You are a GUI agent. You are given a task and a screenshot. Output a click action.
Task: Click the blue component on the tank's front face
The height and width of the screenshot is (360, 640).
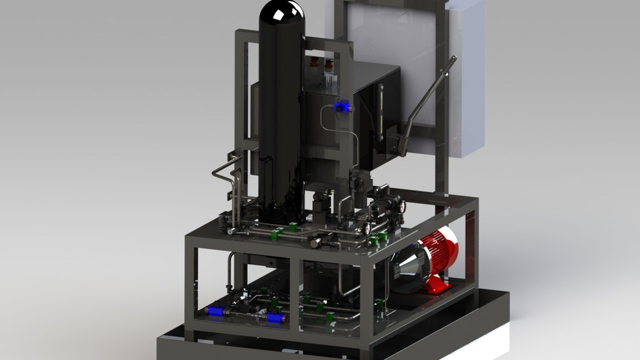(x=342, y=107)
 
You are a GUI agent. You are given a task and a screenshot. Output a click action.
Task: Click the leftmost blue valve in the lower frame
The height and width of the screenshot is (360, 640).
(x=215, y=311)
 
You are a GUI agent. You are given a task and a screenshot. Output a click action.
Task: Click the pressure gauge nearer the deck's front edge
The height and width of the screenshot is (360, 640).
(x=367, y=229)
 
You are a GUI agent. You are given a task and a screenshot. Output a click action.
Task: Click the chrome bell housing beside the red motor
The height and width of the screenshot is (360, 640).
(x=407, y=267)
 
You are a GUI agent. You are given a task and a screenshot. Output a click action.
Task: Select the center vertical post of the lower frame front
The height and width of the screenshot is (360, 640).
(x=294, y=293)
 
